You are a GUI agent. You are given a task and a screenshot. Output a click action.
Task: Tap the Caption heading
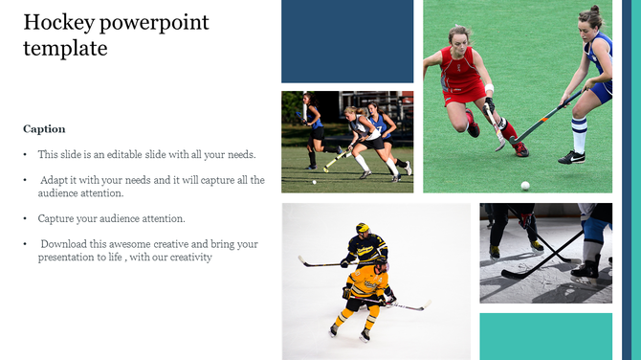tap(44, 128)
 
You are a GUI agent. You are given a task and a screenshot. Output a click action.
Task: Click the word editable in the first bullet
tap(132, 154)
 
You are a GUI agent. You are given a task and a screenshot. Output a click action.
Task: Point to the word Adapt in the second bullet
tap(56, 179)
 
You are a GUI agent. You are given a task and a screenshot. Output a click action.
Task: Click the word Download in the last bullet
tap(65, 244)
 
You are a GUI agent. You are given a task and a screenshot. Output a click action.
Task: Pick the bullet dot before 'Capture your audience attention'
tap(25, 219)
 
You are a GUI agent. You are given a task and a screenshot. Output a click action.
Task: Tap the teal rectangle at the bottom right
tap(545, 335)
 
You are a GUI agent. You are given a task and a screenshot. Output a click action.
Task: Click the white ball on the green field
tap(524, 185)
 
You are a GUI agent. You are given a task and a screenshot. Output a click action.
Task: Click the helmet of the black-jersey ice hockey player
tap(363, 229)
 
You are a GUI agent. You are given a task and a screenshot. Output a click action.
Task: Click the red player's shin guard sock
tap(509, 128)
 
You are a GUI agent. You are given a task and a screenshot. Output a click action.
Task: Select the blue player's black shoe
tap(572, 156)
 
